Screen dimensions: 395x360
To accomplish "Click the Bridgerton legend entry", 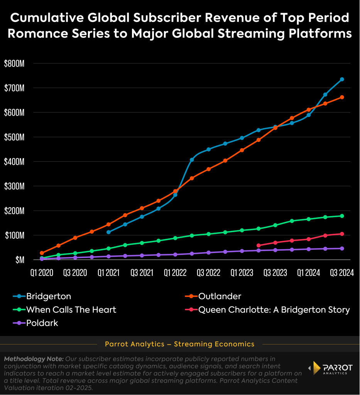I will coord(48,296).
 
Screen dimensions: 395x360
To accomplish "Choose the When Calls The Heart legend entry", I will coord(71,309).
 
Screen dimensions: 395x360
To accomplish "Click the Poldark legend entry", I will coord(42,323).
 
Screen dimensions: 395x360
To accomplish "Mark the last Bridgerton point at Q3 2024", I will coord(342,79).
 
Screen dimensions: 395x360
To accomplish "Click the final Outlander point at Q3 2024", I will coord(342,97).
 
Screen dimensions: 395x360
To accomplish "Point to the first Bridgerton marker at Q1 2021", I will coord(108,232).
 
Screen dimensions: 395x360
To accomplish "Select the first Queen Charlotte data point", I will coord(259,245).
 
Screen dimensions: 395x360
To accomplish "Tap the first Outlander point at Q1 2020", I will coord(42,253).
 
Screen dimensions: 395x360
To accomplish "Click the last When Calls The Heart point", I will coord(342,216).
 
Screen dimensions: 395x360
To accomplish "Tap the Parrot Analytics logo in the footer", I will coord(332,368).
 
